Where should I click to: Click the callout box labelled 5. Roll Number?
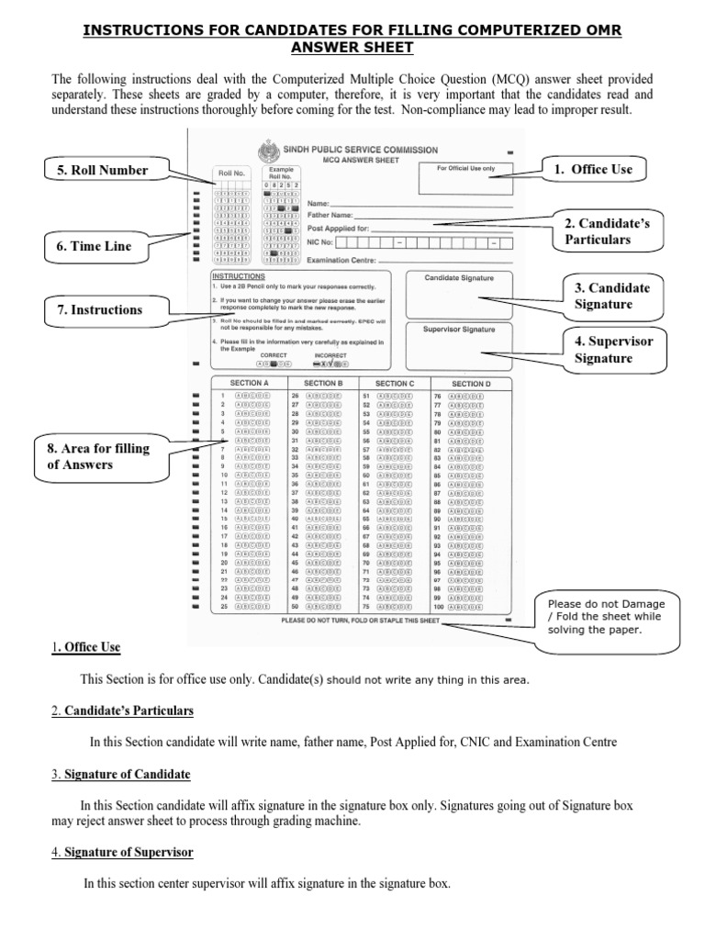click(x=95, y=170)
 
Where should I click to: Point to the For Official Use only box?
click(x=465, y=179)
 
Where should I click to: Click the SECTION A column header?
click(x=248, y=383)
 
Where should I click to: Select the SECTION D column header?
click(x=471, y=383)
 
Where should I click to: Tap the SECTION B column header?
click(x=322, y=383)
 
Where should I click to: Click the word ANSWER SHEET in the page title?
click(x=352, y=47)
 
